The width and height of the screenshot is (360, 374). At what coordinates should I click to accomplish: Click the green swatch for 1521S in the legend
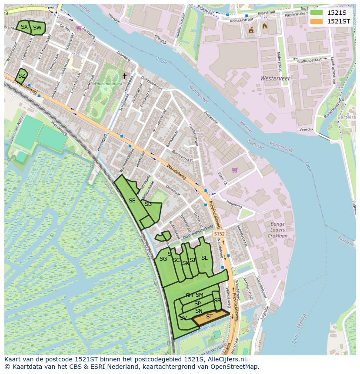pos(317,13)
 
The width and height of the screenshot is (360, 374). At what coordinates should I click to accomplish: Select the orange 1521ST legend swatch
pos(317,21)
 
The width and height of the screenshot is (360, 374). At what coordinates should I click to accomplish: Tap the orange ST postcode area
pos(210,317)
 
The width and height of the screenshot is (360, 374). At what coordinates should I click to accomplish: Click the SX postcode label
pos(24,27)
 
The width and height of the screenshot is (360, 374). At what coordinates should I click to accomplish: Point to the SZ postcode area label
pos(21,76)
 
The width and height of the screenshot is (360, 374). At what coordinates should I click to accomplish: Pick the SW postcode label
pos(37,28)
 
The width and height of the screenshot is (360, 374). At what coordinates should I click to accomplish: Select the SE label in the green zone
pos(132,201)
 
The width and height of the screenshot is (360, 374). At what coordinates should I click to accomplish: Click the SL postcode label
pos(204,258)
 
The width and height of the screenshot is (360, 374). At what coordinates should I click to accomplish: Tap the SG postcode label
pos(163,259)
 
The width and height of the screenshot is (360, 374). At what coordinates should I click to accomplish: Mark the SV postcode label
pos(183,318)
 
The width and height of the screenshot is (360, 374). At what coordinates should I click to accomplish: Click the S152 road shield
pos(219,234)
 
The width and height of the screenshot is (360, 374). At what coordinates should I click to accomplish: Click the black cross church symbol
pos(124,76)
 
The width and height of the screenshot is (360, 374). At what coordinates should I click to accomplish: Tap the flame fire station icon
pos(265,26)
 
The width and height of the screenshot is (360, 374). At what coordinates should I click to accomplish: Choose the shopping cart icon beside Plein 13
pos(235,170)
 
